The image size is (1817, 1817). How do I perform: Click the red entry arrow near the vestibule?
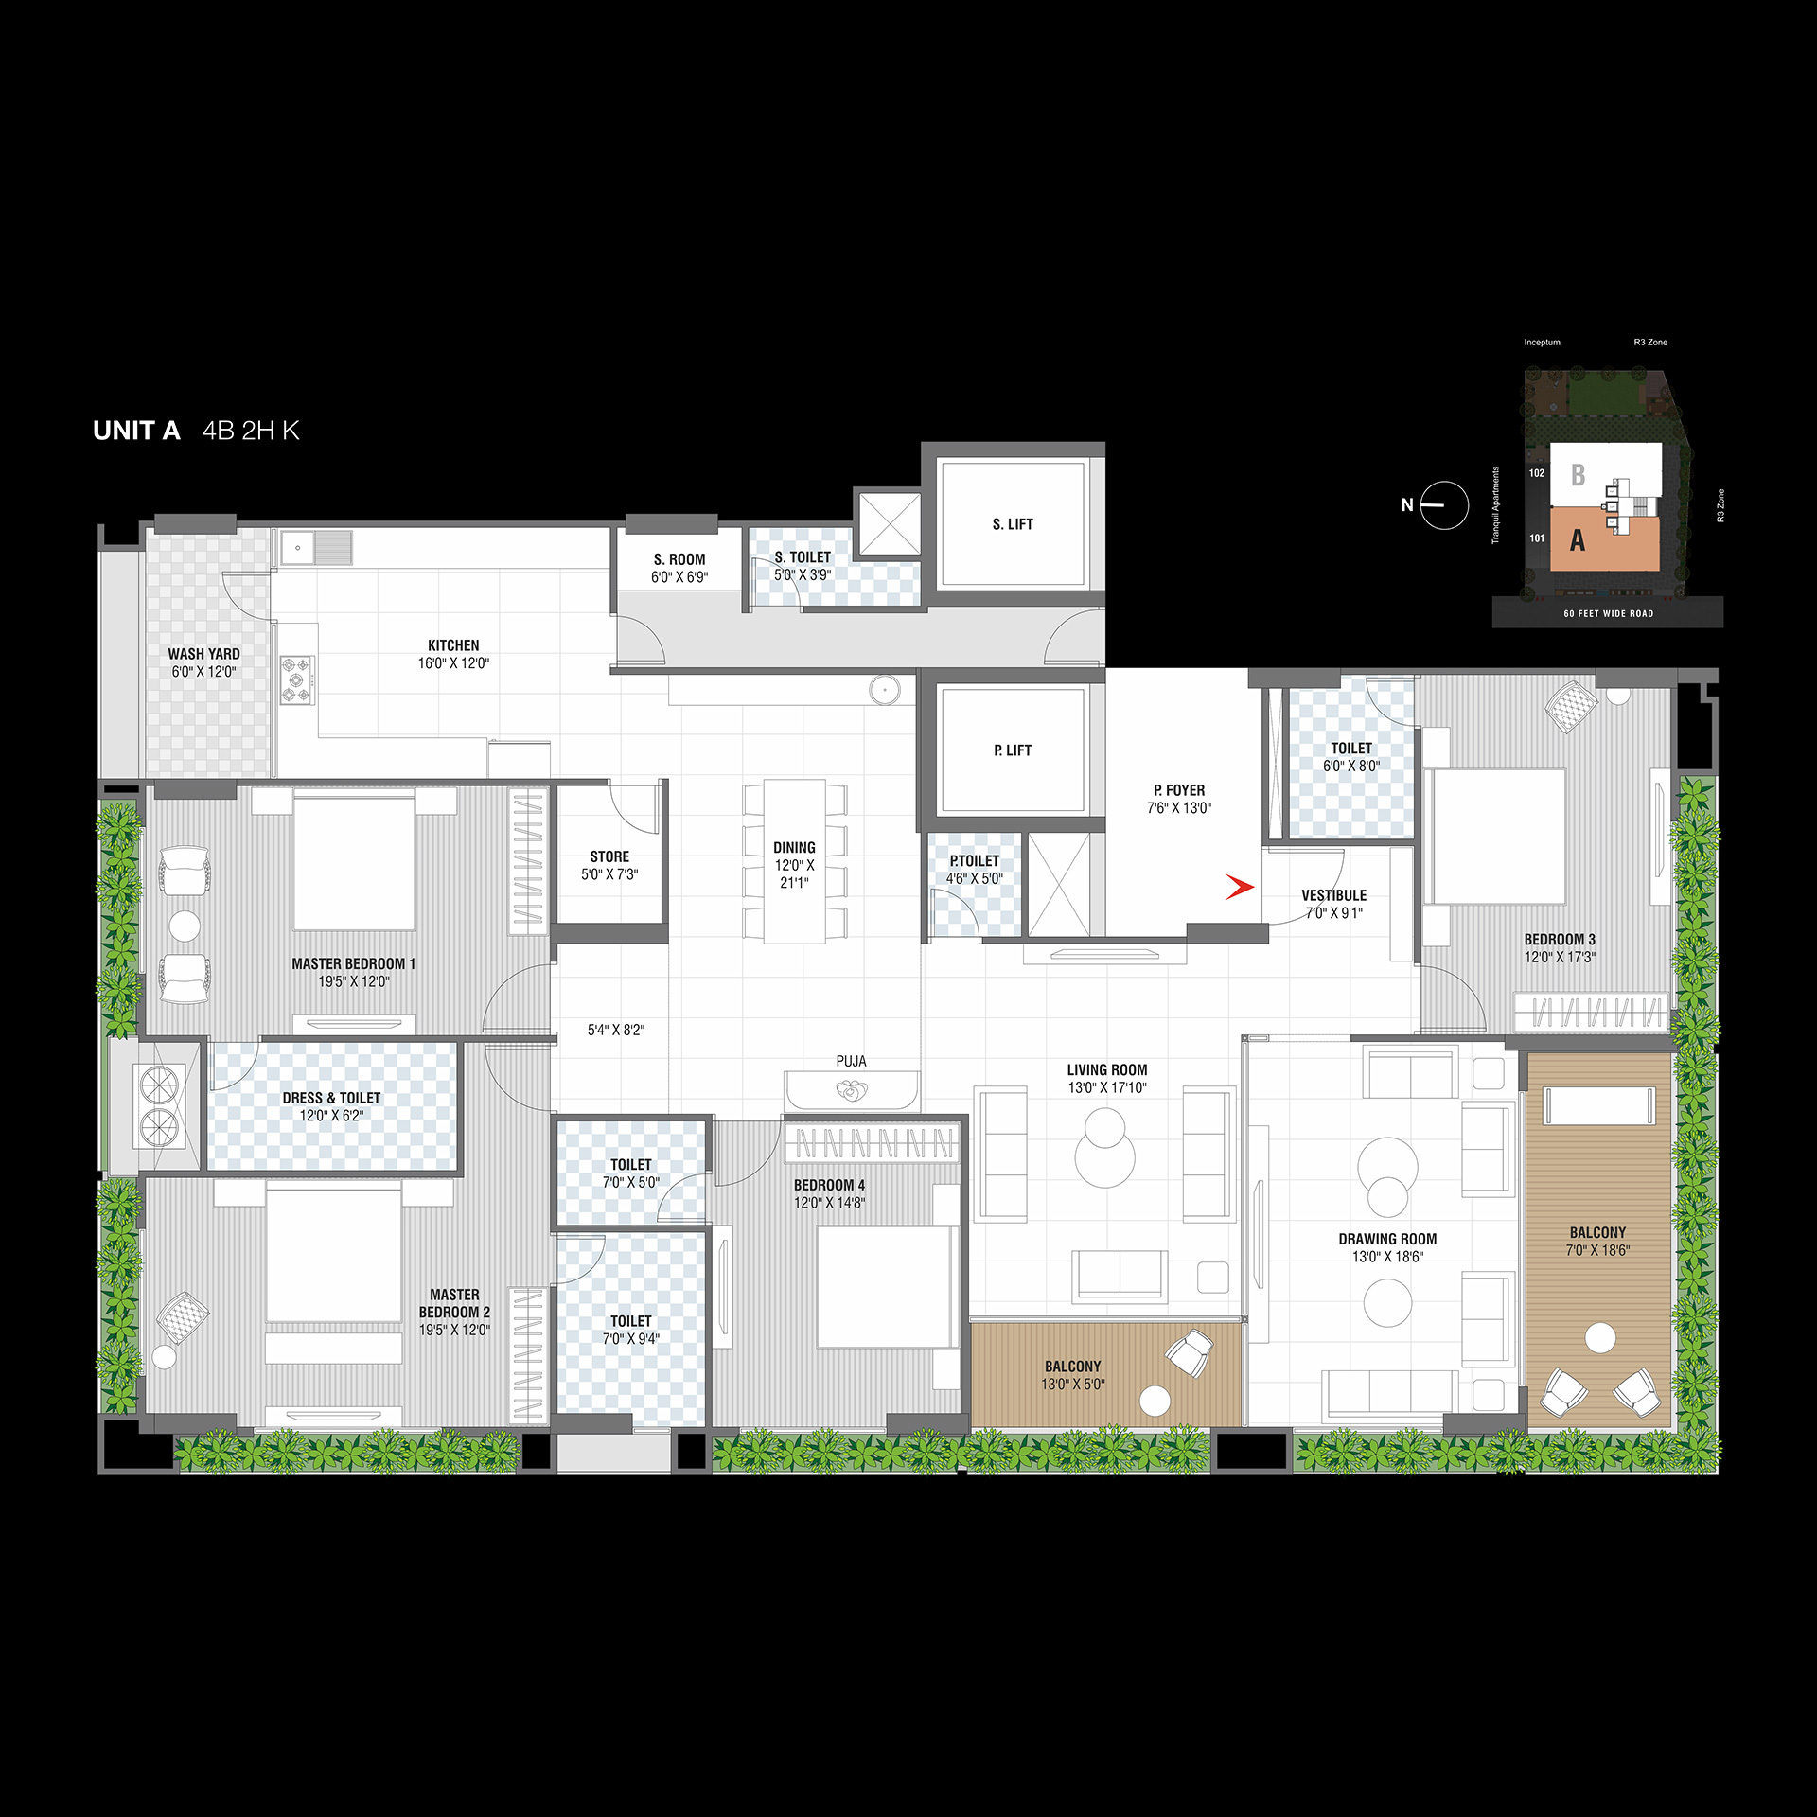tap(1240, 887)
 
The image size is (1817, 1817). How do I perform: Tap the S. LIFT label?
tap(1013, 524)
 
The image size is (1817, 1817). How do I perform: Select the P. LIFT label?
tap(1013, 750)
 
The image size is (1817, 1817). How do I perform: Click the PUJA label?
tap(851, 1062)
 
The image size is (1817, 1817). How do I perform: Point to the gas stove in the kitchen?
tap(297, 679)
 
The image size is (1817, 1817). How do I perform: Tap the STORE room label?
tap(609, 856)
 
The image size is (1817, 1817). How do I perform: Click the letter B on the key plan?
tap(1578, 474)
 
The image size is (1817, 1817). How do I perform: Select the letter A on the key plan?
tap(1577, 540)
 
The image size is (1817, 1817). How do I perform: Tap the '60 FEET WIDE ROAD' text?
tap(1609, 614)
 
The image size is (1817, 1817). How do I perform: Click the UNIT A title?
tap(136, 431)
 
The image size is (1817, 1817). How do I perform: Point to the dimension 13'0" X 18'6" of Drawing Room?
tap(1387, 1257)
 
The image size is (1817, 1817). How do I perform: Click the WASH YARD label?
tap(203, 654)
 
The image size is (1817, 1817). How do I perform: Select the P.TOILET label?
tap(975, 861)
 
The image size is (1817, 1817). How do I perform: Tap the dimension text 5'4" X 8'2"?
tap(616, 1030)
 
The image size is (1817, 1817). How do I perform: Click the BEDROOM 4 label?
tap(829, 1185)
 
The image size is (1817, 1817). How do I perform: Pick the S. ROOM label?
tap(679, 559)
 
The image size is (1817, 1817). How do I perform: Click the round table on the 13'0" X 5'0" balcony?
tap(1155, 1401)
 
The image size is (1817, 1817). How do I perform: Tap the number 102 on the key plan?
tap(1537, 473)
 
